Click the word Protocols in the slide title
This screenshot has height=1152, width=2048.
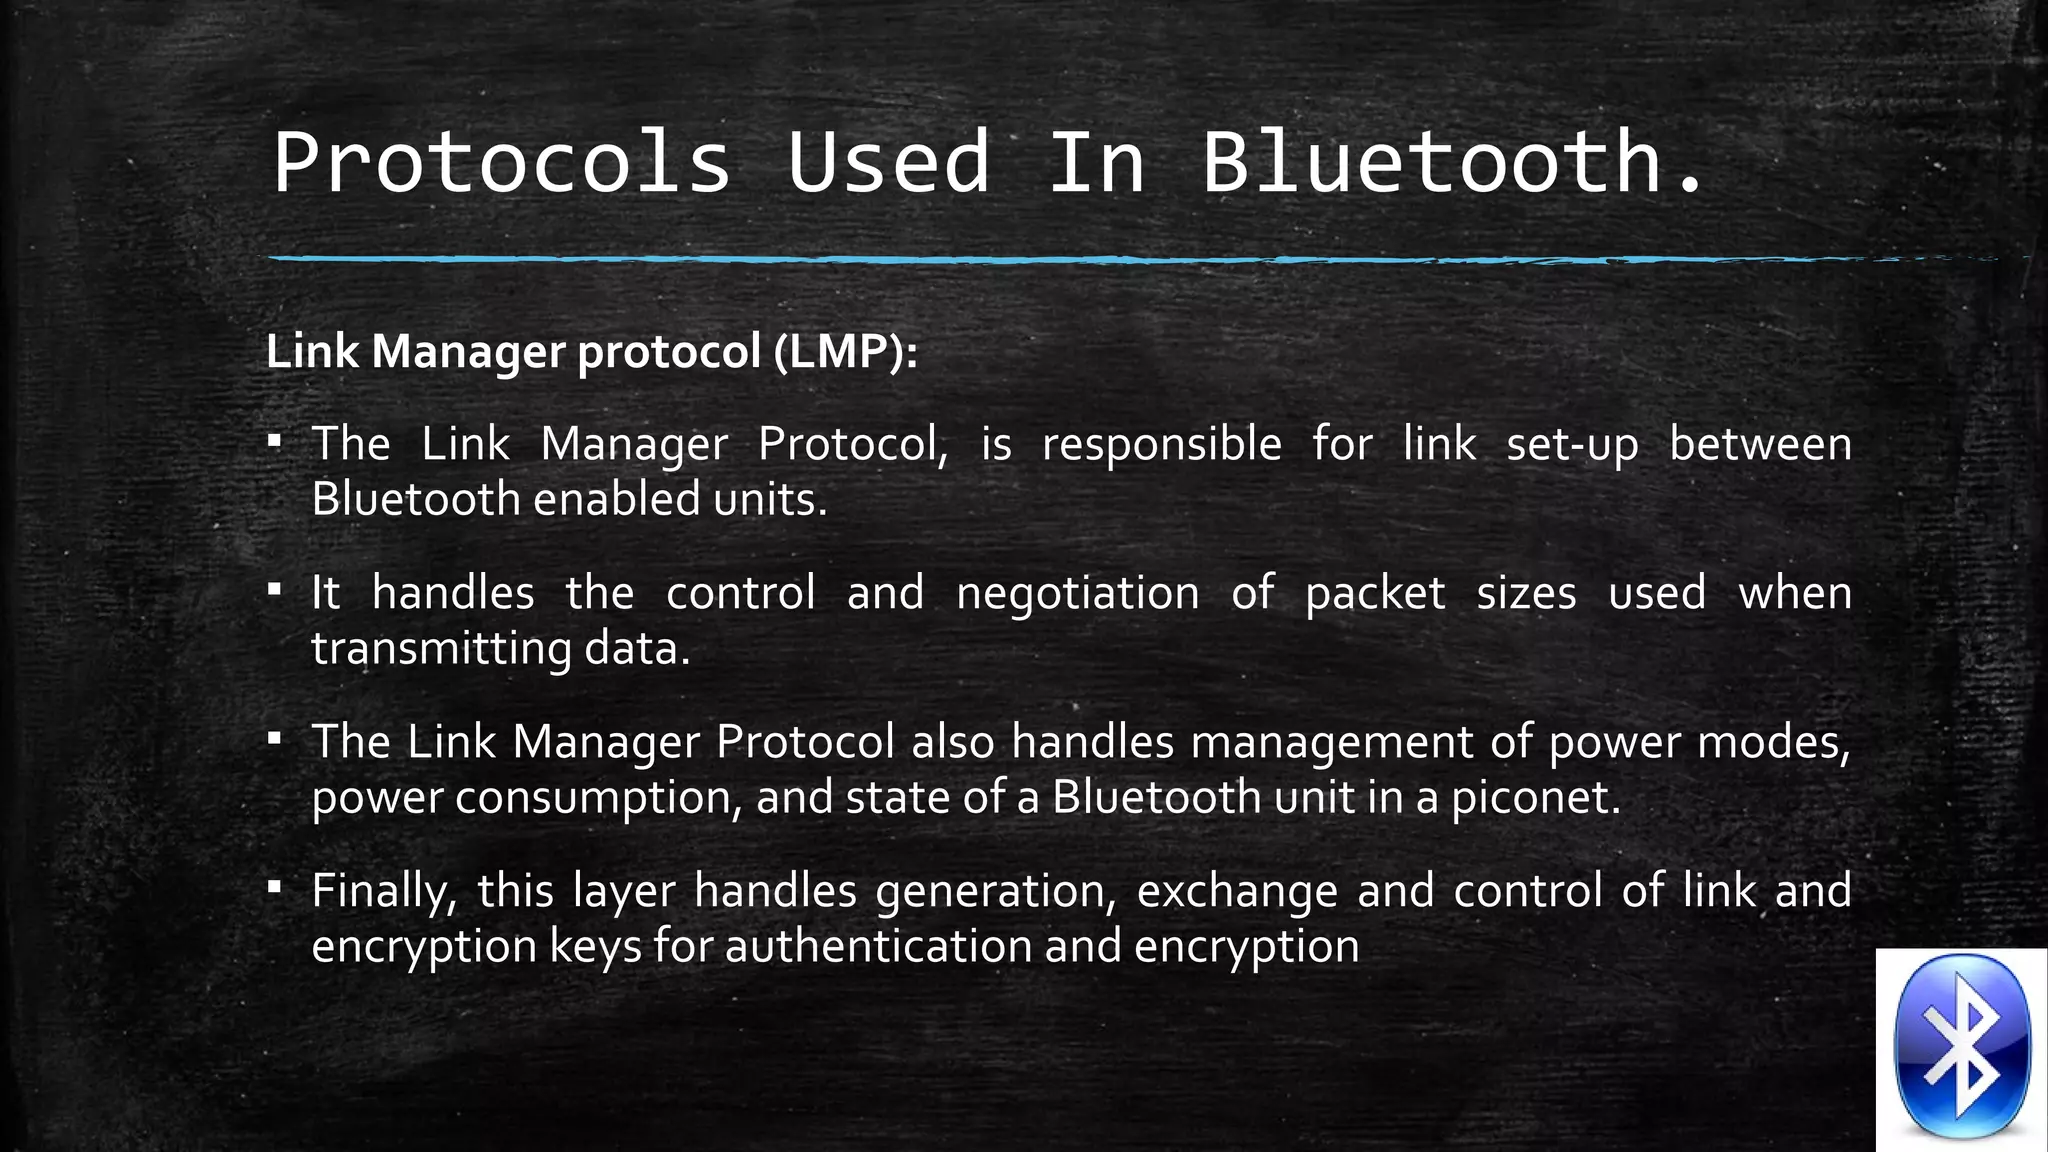click(502, 162)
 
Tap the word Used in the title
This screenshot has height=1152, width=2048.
click(889, 162)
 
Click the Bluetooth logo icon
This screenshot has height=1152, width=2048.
click(1962, 1048)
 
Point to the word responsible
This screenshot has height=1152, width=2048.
click(1161, 444)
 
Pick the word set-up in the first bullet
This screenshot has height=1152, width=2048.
click(1572, 444)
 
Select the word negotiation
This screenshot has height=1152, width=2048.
click(1077, 593)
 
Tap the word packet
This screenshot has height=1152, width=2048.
click(1375, 593)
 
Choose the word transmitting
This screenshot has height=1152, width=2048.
click(440, 649)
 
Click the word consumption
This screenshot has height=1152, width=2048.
click(598, 798)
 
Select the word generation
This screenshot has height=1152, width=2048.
click(996, 891)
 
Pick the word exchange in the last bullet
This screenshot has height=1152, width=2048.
click(1237, 891)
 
